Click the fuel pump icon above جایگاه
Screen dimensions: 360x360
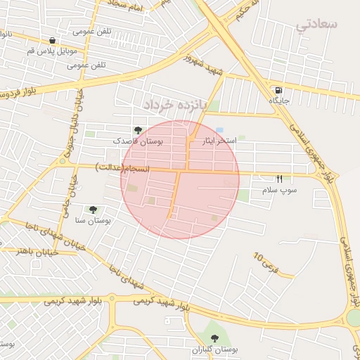coord(280,90)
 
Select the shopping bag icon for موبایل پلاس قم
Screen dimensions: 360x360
coord(53,40)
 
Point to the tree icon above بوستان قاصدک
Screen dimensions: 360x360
coord(138,130)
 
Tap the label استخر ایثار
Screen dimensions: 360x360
coord(219,141)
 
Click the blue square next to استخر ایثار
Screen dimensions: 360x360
coord(220,131)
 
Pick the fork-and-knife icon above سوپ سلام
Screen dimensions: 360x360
coord(279,179)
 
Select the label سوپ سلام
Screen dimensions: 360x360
coord(280,190)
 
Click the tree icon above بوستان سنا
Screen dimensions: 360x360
coord(92,209)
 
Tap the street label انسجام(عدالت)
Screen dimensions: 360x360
coord(122,167)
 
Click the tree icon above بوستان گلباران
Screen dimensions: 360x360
coord(214,338)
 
